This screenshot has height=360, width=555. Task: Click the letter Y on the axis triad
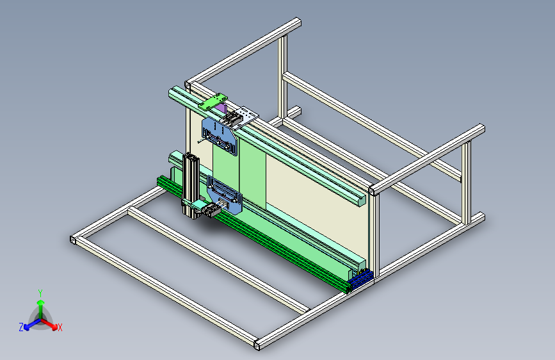40,293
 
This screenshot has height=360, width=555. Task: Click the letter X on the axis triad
60,327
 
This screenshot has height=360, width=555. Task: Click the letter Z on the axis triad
21,327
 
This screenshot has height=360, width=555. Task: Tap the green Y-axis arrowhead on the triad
41,302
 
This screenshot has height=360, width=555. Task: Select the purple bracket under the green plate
220,108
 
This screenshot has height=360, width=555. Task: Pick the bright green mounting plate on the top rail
213,101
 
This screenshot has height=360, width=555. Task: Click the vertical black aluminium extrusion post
190,185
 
